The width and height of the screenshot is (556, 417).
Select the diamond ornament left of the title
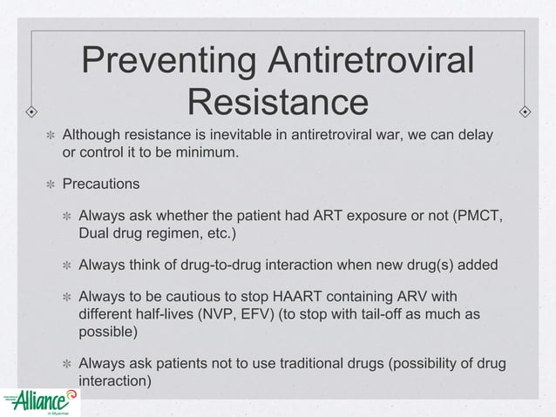pos(31,112)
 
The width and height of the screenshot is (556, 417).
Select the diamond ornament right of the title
pos(525,112)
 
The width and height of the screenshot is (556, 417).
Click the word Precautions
pos(100,185)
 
